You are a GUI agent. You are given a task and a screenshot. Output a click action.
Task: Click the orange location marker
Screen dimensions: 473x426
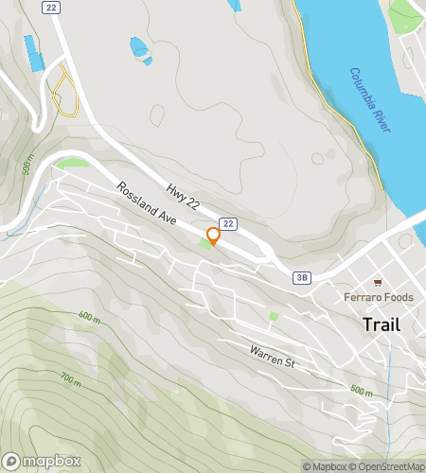point(213,236)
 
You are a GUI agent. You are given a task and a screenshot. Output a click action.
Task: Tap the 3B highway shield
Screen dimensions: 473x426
point(302,277)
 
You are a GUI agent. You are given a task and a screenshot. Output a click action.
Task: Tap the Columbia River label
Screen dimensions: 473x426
point(369,99)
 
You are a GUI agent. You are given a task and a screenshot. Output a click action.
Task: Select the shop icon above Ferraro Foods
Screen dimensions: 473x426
point(378,282)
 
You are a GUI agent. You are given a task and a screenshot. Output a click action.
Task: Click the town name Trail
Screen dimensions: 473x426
point(381,324)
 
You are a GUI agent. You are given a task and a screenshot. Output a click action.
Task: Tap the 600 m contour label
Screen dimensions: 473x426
point(89,317)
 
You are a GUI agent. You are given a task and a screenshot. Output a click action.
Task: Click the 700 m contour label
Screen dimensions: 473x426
point(71,377)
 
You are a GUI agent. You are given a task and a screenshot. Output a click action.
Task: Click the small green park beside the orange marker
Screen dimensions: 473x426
point(205,245)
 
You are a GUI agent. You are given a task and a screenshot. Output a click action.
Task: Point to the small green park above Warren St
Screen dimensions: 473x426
point(274,316)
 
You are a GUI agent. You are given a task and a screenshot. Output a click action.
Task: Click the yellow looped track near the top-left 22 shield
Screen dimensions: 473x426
point(63,92)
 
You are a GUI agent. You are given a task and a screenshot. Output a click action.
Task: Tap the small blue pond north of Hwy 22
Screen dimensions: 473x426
point(138,44)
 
